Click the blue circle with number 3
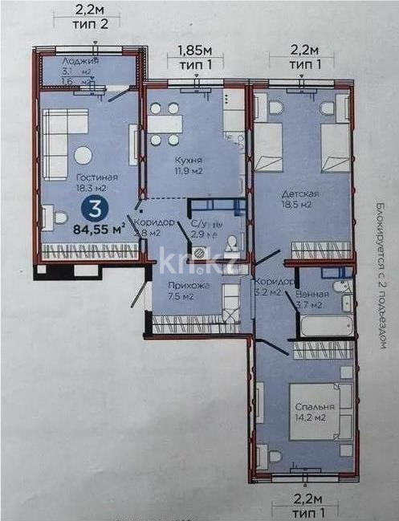pyautogui.click(x=95, y=210)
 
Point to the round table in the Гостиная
pyautogui.click(x=83, y=156)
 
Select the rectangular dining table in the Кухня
pyautogui.click(x=165, y=124)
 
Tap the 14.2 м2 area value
pyautogui.click(x=310, y=418)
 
